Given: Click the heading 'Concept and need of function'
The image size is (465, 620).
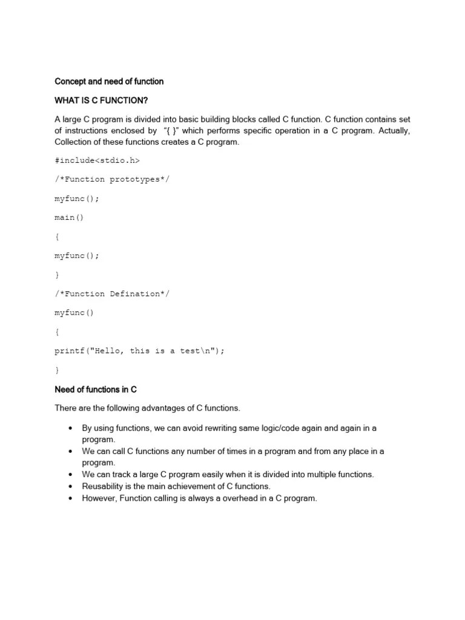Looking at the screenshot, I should tap(109, 81).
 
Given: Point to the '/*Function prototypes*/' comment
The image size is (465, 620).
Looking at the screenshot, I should tap(110, 179).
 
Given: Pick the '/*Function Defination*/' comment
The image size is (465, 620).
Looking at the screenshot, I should tap(112, 294).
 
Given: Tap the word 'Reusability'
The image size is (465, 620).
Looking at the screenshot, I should tap(105, 486).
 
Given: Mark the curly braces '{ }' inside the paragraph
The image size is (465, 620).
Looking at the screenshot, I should tap(173, 131).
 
